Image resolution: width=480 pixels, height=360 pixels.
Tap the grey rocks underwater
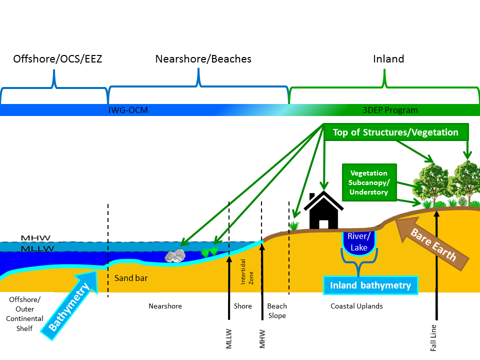(x=175, y=256)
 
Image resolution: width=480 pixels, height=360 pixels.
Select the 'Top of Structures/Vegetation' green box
(x=395, y=132)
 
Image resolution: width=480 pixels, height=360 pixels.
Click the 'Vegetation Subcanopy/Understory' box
(x=369, y=182)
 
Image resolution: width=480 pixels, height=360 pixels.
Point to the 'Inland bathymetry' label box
(x=370, y=285)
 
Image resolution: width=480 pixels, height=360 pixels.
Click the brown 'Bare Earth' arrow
(x=433, y=243)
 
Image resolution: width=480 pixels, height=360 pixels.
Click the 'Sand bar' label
(x=131, y=278)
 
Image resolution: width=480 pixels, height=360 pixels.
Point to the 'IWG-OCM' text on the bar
(x=128, y=110)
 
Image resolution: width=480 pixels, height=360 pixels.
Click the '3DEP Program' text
(x=390, y=110)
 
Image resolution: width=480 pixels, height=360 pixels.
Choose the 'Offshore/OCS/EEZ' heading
(x=57, y=59)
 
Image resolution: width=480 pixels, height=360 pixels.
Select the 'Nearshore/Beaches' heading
(x=203, y=59)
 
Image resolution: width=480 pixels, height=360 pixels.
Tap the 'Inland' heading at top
(x=388, y=59)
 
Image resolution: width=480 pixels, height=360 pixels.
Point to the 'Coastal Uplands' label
(x=356, y=306)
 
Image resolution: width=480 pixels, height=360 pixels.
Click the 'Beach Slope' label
(x=276, y=310)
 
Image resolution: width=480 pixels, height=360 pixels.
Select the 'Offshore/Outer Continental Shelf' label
(x=26, y=313)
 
